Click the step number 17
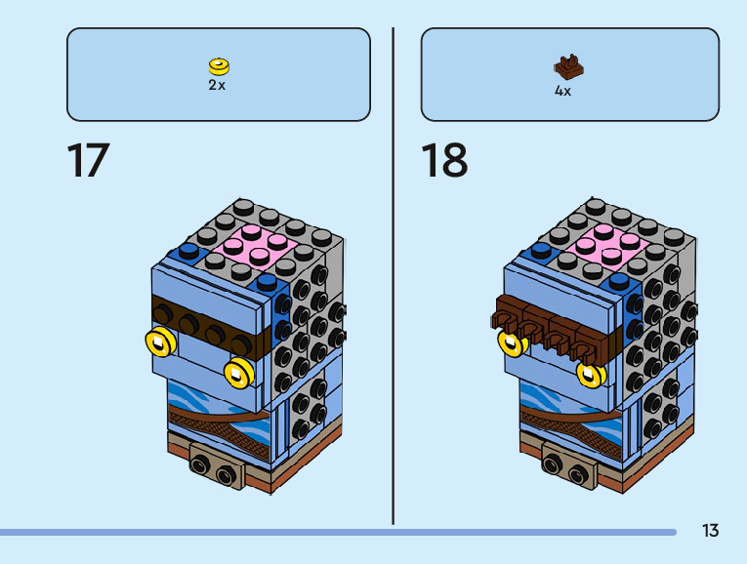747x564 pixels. (x=88, y=161)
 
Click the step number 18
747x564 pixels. (x=444, y=161)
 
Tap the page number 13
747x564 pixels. (x=710, y=531)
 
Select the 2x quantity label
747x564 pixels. (x=217, y=85)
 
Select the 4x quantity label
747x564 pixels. (x=562, y=91)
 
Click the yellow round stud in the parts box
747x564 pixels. (x=218, y=66)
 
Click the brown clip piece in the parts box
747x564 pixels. (x=567, y=67)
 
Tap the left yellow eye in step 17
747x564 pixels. (x=159, y=342)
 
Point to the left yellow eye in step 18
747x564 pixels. (x=510, y=342)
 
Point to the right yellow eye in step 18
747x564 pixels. (x=588, y=372)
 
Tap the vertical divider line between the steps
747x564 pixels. (x=394, y=273)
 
